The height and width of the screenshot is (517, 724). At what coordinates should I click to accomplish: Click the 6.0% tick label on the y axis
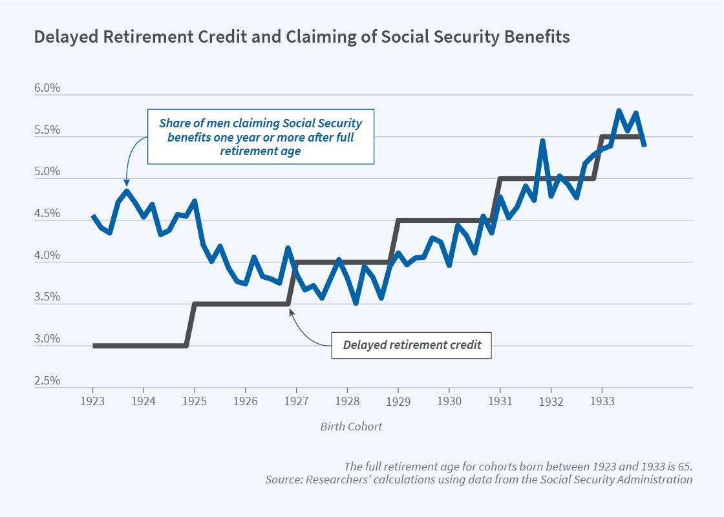tap(47, 89)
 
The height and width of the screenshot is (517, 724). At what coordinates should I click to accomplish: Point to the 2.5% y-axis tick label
tap(47, 381)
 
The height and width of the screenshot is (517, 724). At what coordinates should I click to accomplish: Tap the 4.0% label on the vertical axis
tap(47, 256)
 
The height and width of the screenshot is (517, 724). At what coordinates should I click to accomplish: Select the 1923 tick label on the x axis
tap(93, 400)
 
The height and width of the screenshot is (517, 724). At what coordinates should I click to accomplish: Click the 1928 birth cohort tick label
tap(347, 400)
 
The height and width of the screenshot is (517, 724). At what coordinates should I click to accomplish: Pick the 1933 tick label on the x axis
tap(602, 400)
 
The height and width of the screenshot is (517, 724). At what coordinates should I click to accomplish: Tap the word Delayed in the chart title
tap(59, 37)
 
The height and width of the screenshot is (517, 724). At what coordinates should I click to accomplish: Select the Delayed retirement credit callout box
tap(412, 344)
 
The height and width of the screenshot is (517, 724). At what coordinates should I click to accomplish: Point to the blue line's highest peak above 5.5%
tap(619, 111)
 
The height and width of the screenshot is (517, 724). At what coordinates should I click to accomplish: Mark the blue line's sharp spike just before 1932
tap(542, 141)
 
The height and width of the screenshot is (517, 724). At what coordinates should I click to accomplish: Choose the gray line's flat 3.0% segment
tap(139, 346)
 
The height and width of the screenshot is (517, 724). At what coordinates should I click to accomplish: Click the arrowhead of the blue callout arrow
tap(127, 185)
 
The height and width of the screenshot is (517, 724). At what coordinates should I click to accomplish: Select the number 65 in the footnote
tap(683, 467)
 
